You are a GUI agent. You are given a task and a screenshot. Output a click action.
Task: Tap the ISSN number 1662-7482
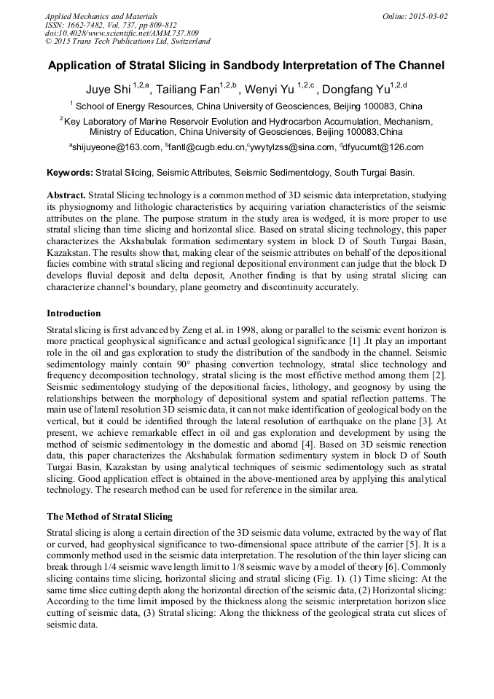[x=87, y=25]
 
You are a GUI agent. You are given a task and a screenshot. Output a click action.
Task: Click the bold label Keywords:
[x=70, y=173]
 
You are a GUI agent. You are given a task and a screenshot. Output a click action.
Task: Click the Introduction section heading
[x=74, y=313]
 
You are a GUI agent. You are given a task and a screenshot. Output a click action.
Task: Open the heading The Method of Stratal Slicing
[x=109, y=516]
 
